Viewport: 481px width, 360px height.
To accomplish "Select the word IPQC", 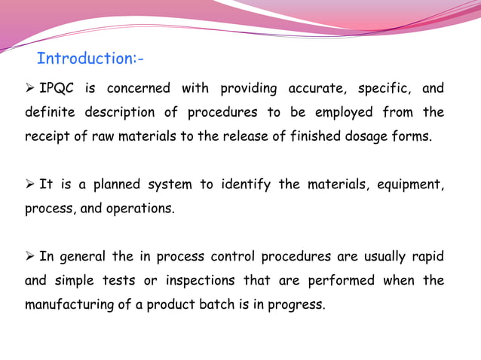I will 57,89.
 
